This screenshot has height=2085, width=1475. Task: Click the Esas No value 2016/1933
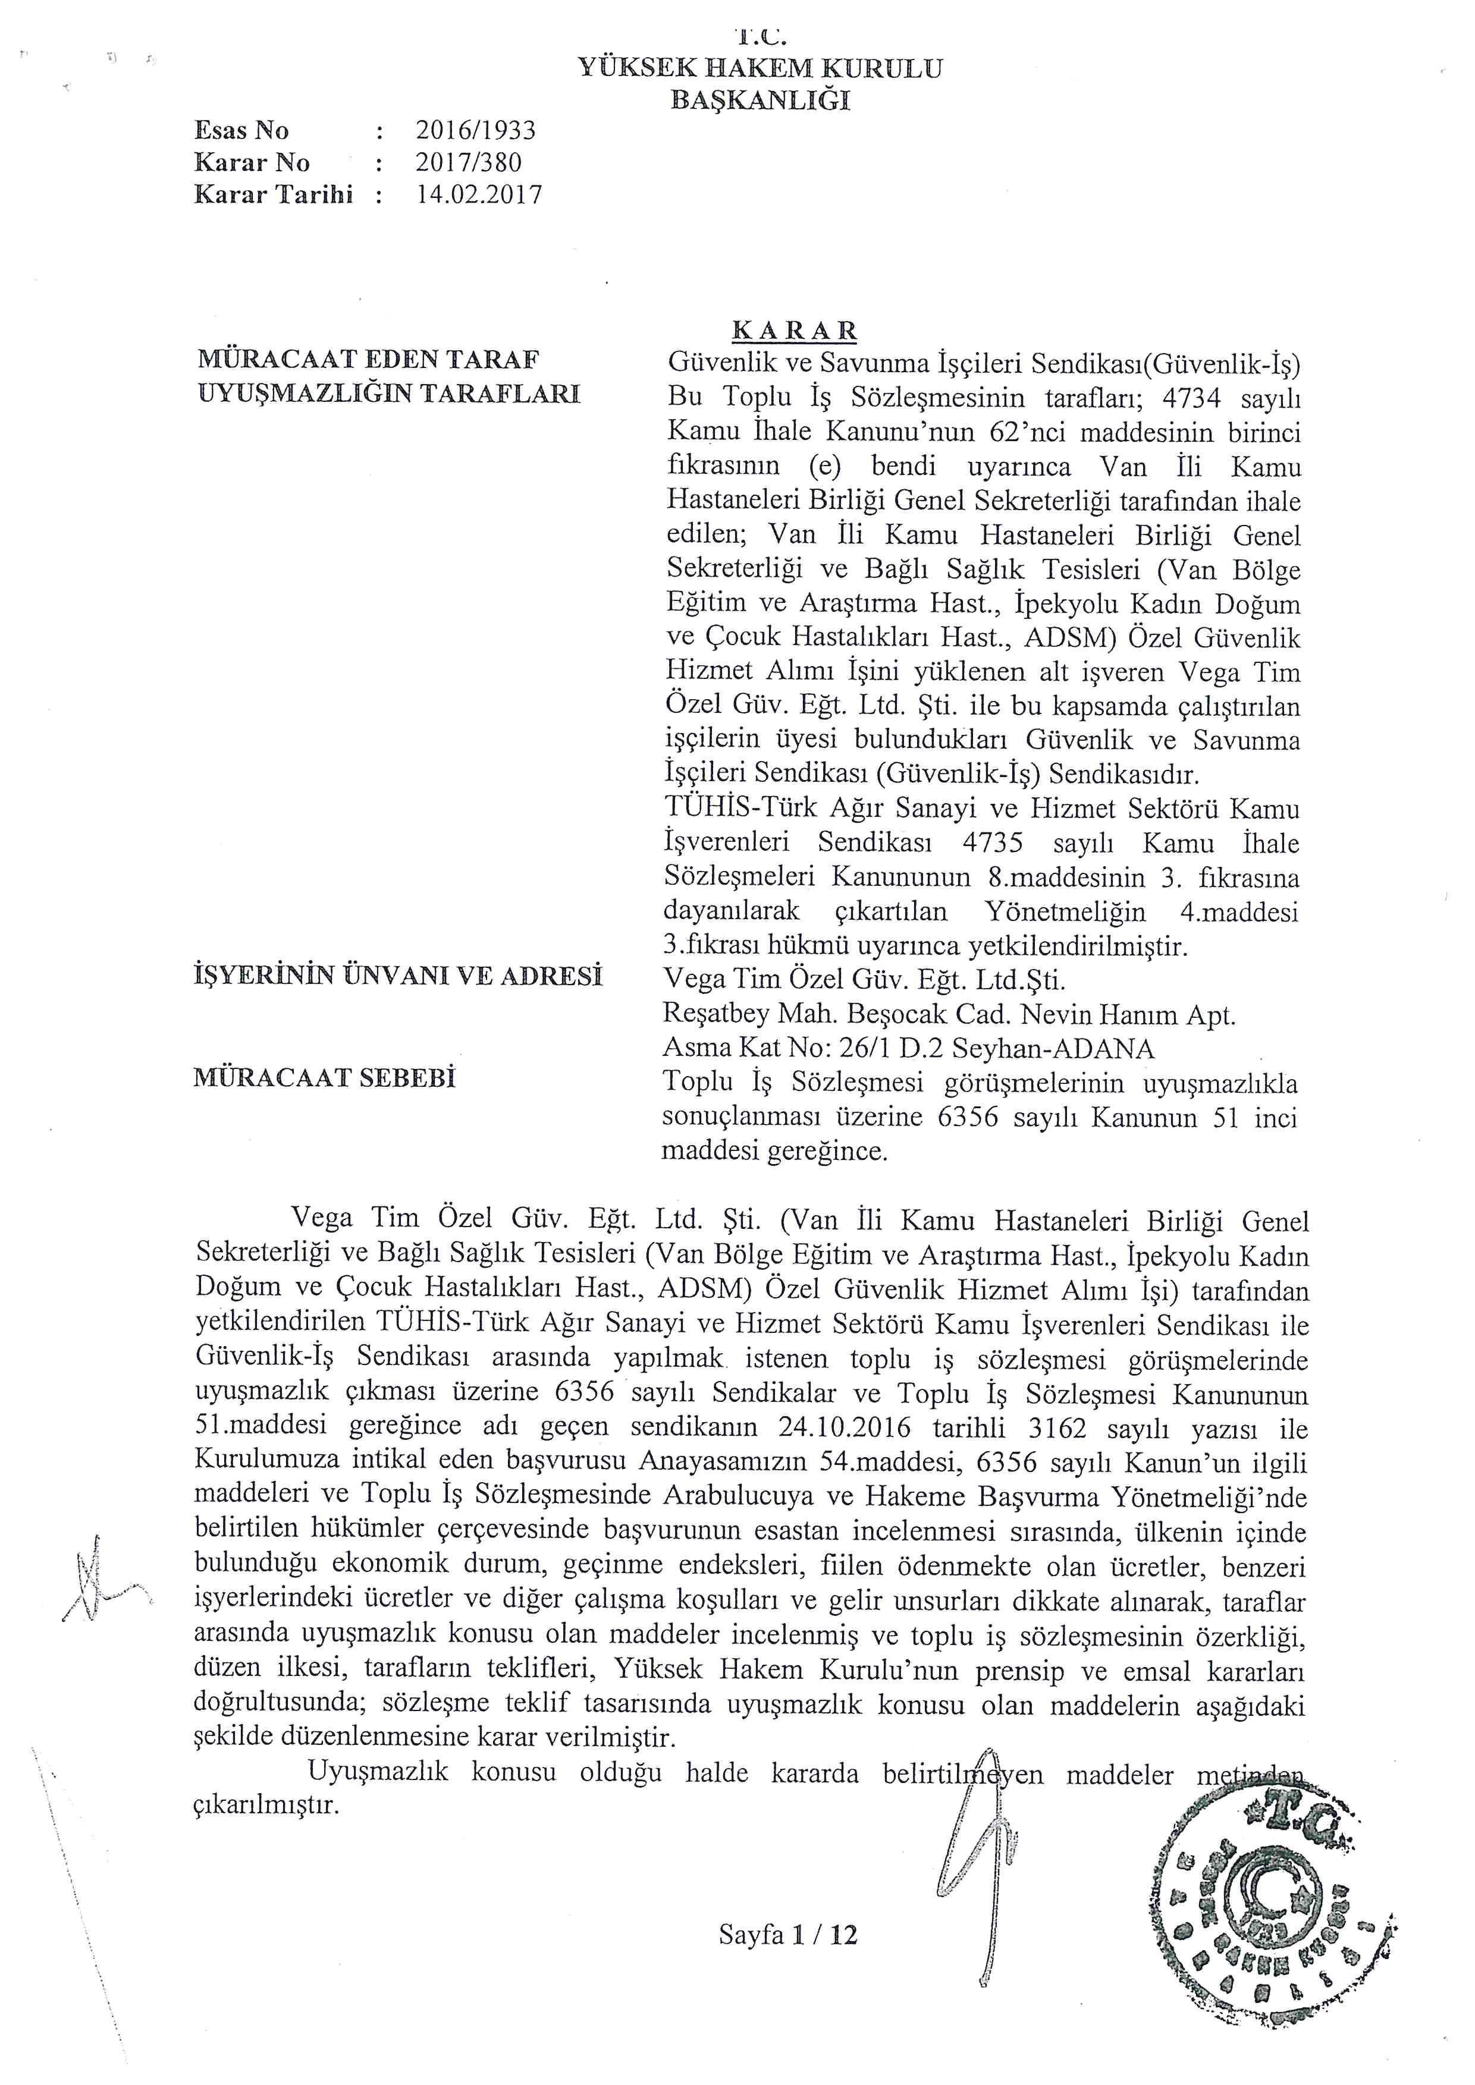click(x=476, y=131)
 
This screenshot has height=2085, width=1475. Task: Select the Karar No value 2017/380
click(x=469, y=162)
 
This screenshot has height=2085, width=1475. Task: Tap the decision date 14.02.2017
click(x=479, y=194)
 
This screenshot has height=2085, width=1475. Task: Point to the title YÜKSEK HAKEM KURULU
click(x=760, y=68)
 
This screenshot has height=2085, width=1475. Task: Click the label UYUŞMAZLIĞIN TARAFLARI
click(x=389, y=394)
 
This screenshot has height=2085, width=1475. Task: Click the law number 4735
click(x=992, y=842)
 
